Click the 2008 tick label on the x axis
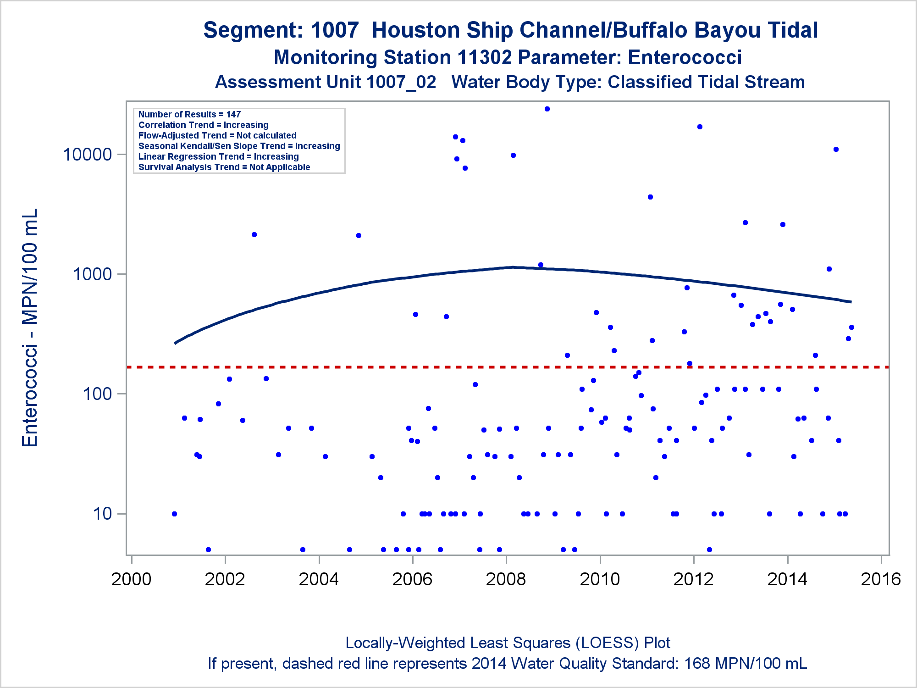(506, 579)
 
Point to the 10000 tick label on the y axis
(87, 155)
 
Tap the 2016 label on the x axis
(881, 579)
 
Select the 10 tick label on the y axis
(102, 514)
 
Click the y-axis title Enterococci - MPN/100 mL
(30, 327)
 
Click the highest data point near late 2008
(547, 109)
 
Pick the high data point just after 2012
(700, 127)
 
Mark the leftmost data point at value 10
(174, 514)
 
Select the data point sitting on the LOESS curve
(541, 265)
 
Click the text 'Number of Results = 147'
(189, 114)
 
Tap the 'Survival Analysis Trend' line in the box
(224, 167)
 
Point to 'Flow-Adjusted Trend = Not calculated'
(217, 135)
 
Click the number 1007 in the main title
(334, 30)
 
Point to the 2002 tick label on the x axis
(225, 579)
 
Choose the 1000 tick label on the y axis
(92, 274)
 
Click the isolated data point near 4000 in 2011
(650, 197)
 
